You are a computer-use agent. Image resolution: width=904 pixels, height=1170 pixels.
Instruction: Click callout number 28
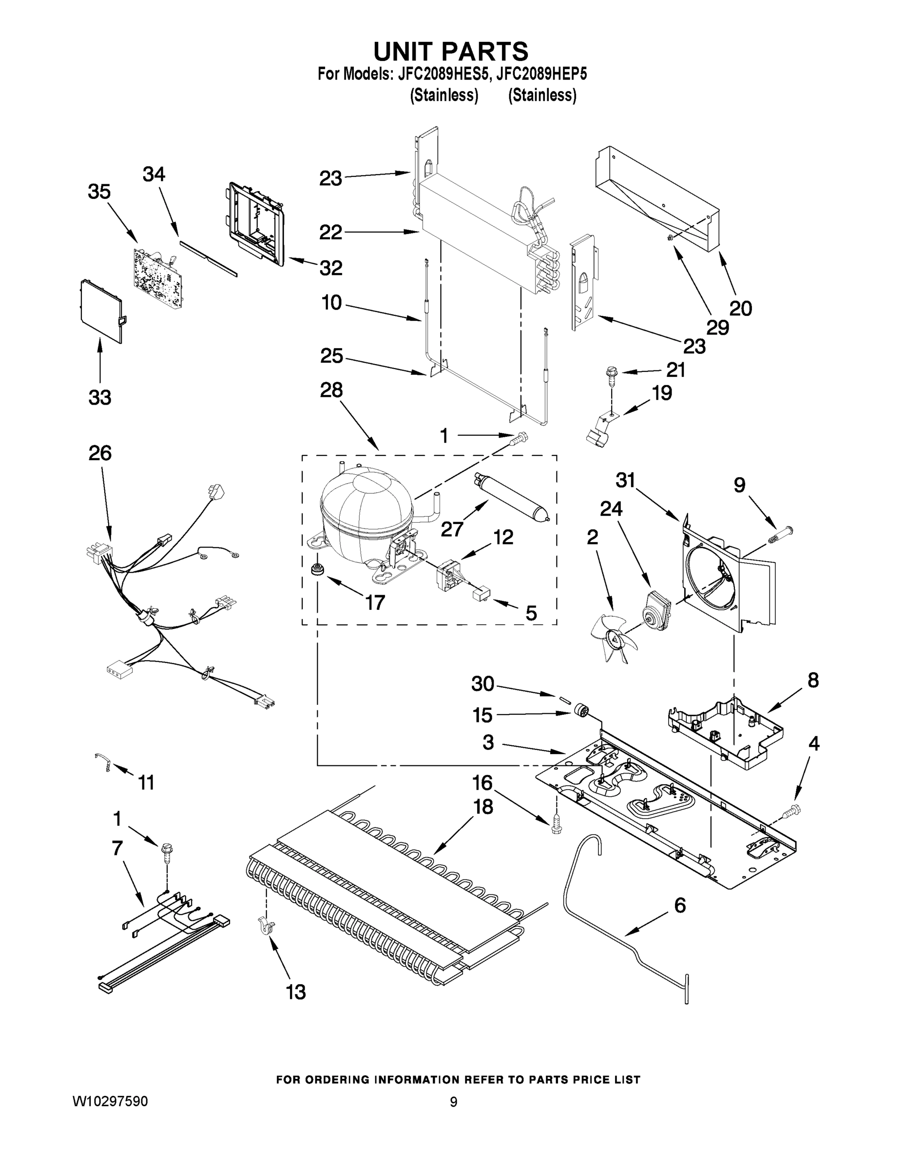coord(331,390)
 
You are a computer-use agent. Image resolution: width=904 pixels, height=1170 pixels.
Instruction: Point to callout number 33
coord(99,397)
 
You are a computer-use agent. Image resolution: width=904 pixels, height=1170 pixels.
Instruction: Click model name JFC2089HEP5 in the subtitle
coord(541,74)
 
